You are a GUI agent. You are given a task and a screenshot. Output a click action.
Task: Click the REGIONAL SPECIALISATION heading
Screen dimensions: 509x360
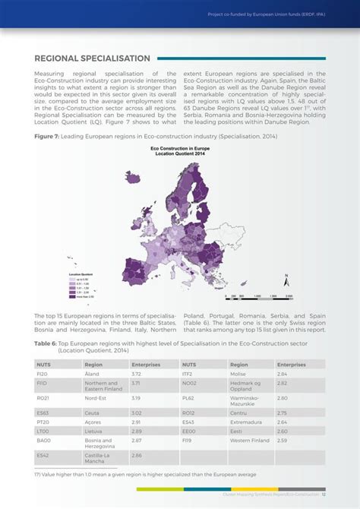[92, 58]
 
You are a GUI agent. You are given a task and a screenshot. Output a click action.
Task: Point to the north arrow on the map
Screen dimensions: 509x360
[286, 280]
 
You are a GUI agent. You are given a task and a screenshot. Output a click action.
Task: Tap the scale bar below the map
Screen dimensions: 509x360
[254, 297]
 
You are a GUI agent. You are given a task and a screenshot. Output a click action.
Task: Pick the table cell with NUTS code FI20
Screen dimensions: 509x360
[43, 374]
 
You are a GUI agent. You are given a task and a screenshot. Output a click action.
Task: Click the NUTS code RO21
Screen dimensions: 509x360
[43, 397]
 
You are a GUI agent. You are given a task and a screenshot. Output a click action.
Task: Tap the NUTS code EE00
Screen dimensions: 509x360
[188, 431]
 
